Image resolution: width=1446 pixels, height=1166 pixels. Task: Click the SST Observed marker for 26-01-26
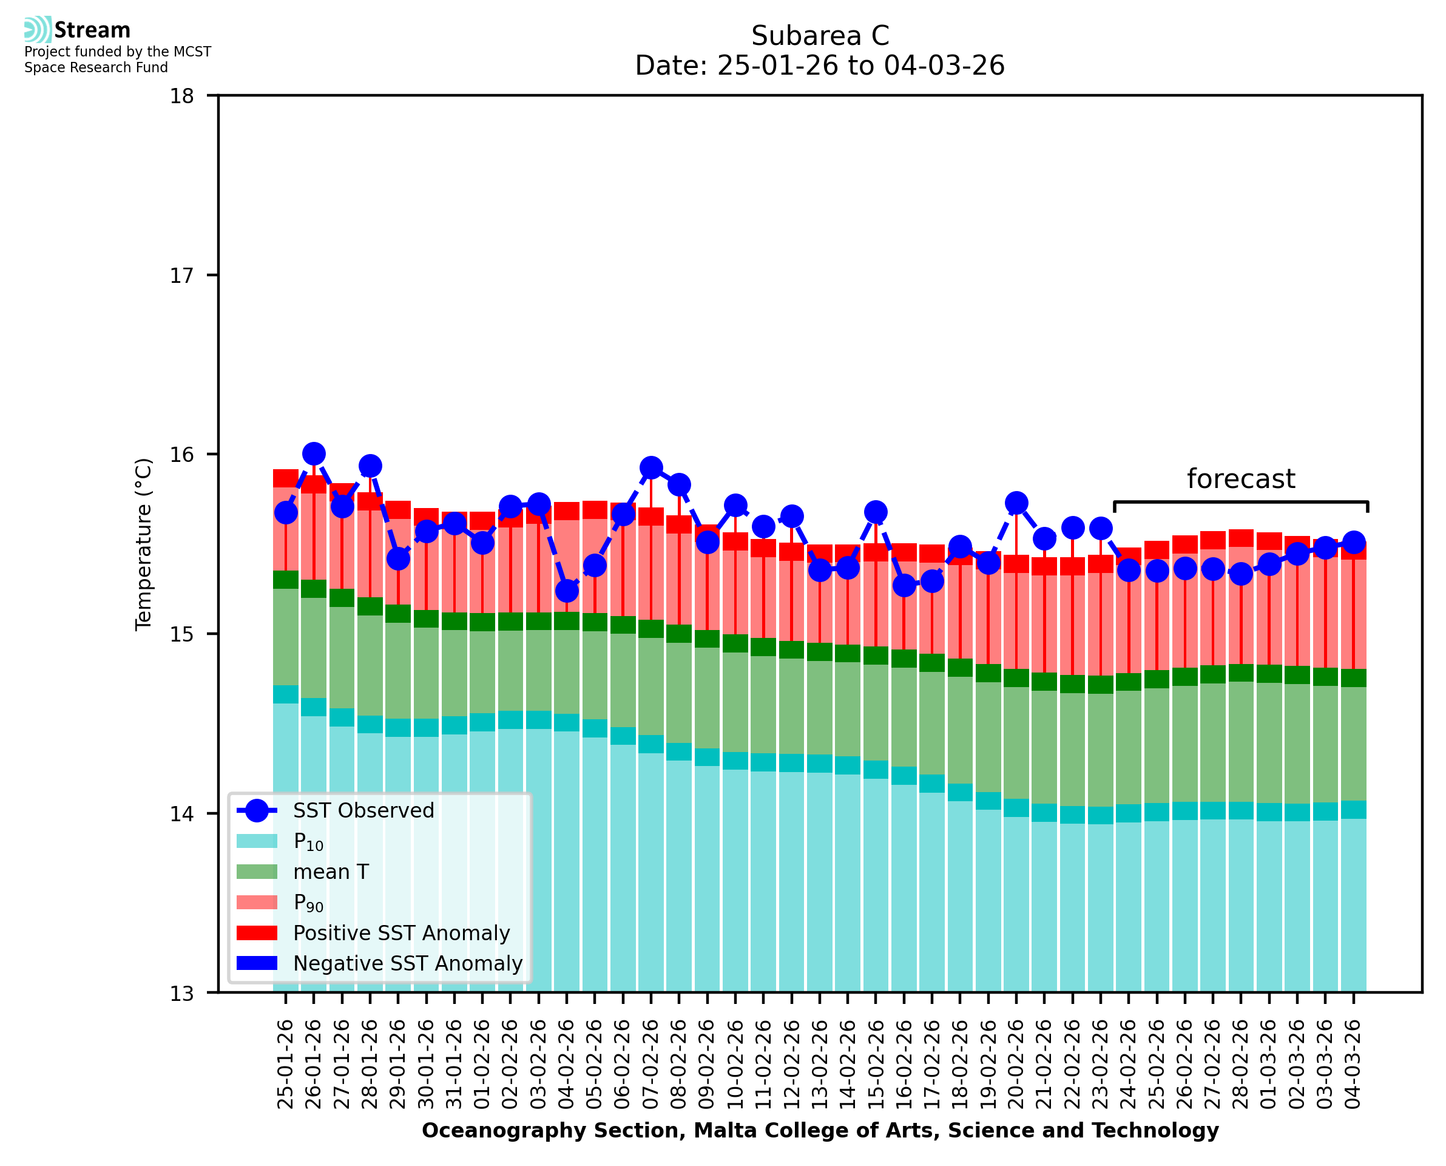(x=314, y=454)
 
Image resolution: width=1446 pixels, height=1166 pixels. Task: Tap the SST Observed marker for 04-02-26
(x=567, y=591)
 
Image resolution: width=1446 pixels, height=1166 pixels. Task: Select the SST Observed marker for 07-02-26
(x=651, y=467)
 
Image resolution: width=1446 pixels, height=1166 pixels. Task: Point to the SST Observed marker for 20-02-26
(x=1016, y=503)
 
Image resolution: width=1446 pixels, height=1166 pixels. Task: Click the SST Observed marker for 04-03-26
(x=1353, y=542)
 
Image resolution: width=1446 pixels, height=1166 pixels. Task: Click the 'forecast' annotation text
(x=1240, y=479)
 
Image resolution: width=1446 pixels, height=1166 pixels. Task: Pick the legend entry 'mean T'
(x=330, y=872)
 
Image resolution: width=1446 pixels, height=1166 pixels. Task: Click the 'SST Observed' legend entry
(x=363, y=811)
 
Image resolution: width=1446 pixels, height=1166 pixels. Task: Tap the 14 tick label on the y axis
(x=181, y=814)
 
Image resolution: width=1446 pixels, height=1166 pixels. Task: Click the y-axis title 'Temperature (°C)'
(x=144, y=544)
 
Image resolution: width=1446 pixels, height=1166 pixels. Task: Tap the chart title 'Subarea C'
(x=820, y=36)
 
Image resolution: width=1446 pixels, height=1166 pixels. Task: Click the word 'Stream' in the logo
(x=92, y=30)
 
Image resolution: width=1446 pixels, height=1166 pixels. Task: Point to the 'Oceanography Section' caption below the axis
(x=820, y=1130)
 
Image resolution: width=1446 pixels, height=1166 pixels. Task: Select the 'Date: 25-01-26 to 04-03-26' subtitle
(x=820, y=66)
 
